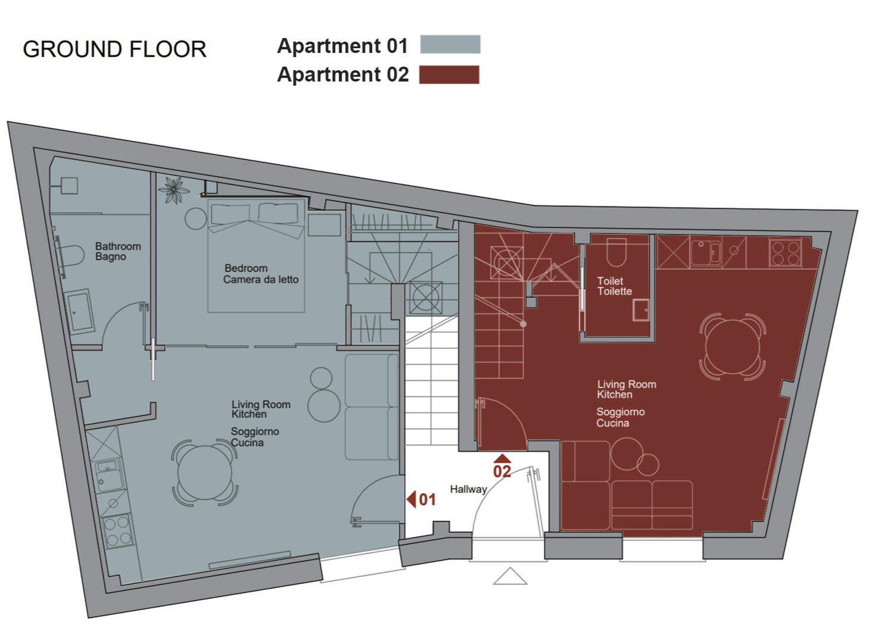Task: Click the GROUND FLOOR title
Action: pos(115,49)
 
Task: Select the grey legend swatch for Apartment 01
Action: pos(451,44)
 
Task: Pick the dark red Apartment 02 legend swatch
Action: pos(449,74)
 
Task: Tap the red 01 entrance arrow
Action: pos(411,499)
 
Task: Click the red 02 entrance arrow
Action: pos(502,458)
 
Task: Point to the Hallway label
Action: pos(468,489)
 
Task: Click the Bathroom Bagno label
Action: pos(118,251)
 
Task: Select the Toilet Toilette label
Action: pos(614,286)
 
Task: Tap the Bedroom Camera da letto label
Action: pos(261,274)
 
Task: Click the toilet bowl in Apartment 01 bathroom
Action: pos(73,256)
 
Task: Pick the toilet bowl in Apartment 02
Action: pos(617,252)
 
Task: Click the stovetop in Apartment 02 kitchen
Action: pos(785,253)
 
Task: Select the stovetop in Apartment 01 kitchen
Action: pos(117,531)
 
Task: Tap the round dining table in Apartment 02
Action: pos(733,347)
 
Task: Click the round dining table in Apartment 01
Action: pos(205,473)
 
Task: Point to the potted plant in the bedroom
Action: pos(174,190)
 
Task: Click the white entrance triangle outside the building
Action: pos(510,576)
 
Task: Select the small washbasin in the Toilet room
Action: pos(641,311)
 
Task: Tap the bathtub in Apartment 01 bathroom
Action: pos(80,312)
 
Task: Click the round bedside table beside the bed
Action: pos(196,219)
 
